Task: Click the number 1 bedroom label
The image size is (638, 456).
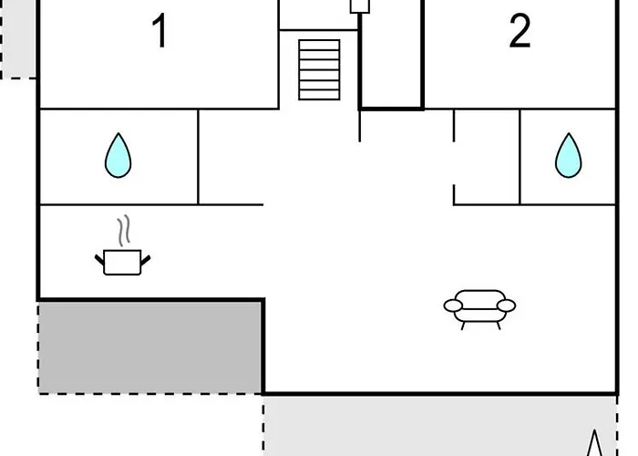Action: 159,30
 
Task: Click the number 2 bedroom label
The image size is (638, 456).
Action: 520,30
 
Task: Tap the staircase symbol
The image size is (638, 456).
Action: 319,69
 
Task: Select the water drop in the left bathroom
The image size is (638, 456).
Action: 118,155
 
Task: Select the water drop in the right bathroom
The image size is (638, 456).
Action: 569,155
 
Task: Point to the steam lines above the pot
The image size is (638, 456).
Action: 124,231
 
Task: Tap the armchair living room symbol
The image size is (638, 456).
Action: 479,309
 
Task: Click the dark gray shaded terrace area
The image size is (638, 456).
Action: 149,347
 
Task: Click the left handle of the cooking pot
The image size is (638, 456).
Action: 99,259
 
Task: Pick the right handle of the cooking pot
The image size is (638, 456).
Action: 146,259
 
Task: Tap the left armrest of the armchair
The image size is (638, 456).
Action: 453,306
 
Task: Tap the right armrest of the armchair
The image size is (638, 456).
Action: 506,306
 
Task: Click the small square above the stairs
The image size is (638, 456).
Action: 360,5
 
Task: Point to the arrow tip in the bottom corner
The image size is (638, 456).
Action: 595,430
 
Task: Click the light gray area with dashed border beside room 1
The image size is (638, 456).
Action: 18,38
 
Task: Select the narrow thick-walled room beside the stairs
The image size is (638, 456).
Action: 391,54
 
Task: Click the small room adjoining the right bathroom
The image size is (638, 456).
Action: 487,157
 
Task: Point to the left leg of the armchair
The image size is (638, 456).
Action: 463,326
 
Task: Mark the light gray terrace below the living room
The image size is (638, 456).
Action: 440,426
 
